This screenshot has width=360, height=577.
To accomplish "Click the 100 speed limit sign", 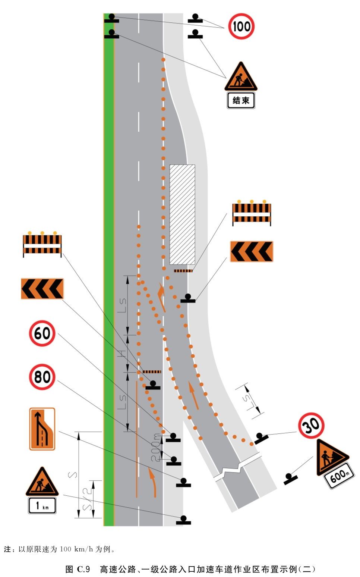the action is point(241,26).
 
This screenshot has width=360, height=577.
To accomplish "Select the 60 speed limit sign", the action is point(42,333).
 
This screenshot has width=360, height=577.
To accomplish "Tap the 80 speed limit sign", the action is point(42,377).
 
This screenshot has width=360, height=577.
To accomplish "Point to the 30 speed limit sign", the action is point(311,425).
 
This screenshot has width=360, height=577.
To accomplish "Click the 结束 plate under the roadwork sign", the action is point(241,100).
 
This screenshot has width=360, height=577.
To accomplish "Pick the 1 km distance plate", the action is point(42,506).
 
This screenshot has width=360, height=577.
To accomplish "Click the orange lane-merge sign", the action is point(42,429).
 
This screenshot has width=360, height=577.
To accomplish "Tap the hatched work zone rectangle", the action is point(182,214).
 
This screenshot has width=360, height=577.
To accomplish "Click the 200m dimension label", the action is point(156,447).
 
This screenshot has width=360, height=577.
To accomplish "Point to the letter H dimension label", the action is point(123,354).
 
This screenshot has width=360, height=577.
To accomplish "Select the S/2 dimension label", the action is point(88,499).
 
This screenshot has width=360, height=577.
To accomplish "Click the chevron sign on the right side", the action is point(252,251).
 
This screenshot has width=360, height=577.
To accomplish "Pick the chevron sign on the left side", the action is point(42,289).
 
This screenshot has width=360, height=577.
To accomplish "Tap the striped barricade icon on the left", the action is point(42,244).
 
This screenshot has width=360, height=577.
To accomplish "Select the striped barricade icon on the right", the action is point(252,213).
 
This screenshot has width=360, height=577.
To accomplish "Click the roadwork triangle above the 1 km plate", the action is point(42,481).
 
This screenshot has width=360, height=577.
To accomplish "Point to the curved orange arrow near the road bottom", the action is point(154,482).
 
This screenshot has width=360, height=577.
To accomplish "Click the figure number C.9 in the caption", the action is point(83,569).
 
